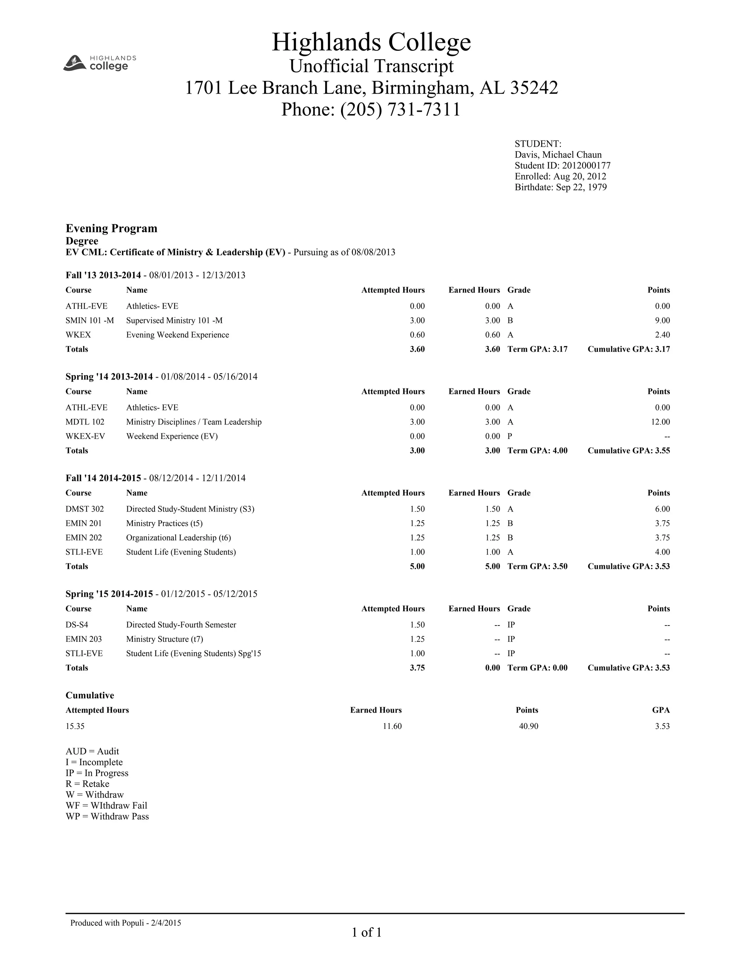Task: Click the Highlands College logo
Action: pos(100,62)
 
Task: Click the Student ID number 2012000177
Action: pos(586,166)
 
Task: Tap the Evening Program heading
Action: pos(111,228)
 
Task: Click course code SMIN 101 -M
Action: pos(89,320)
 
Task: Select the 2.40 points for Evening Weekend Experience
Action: pos(662,335)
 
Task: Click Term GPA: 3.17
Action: pos(537,349)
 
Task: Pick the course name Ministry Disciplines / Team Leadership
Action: pos(194,422)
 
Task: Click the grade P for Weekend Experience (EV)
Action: pos(510,436)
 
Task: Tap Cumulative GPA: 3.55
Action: pos(629,451)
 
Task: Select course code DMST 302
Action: pos(85,509)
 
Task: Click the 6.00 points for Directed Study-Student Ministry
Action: pos(662,509)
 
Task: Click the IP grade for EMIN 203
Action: pos(511,639)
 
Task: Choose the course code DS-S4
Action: pos(77,625)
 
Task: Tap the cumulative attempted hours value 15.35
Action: pos(75,726)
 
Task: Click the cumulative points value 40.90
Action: pos(528,726)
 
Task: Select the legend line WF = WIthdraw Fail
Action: pos(107,805)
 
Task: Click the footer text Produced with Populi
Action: pos(126,923)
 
